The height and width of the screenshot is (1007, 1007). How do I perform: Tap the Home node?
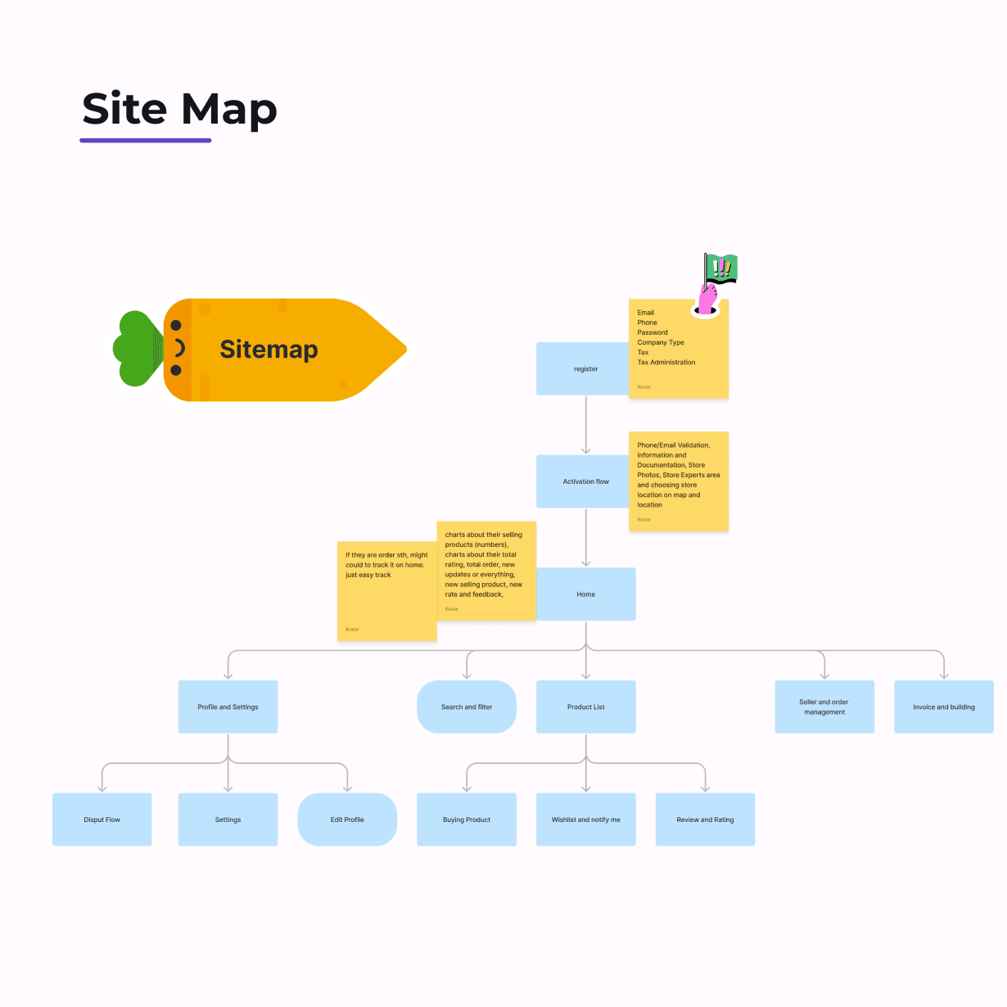pos(586,594)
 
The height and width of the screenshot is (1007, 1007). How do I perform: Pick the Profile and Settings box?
pos(228,707)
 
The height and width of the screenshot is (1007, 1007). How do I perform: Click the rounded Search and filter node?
pos(467,707)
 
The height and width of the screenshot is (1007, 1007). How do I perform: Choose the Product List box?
pos(586,707)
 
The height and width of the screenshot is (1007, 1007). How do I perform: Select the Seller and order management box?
pos(824,707)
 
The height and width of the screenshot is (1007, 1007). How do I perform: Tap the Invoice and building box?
pos(944,707)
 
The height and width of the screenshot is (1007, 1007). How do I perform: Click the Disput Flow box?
pos(102,820)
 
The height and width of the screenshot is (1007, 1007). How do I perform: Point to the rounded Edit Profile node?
pos(347,820)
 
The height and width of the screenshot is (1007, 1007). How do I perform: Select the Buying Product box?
pos(467,820)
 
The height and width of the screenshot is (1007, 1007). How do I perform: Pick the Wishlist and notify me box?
pos(586,820)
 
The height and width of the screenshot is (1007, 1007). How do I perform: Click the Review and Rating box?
pos(705,820)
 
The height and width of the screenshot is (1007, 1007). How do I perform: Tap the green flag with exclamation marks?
pos(722,268)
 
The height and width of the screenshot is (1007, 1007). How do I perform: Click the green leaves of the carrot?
pos(136,349)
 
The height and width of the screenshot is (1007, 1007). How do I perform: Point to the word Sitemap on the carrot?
pos(269,350)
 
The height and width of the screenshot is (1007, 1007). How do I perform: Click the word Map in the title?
pos(229,110)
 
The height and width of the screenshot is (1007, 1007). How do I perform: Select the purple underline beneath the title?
pos(146,141)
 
